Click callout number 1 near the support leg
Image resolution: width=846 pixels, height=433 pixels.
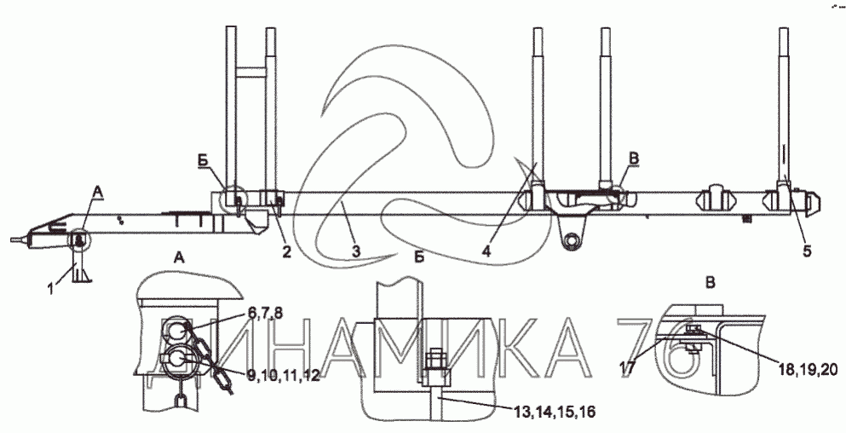point(51,288)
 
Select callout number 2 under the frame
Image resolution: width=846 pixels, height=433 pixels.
point(286,251)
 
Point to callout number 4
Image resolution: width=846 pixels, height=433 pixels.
point(486,251)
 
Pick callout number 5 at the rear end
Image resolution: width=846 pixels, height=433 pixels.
point(807,251)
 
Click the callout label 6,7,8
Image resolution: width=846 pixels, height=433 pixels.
point(266,313)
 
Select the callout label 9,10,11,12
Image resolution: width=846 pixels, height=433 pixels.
point(284,376)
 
